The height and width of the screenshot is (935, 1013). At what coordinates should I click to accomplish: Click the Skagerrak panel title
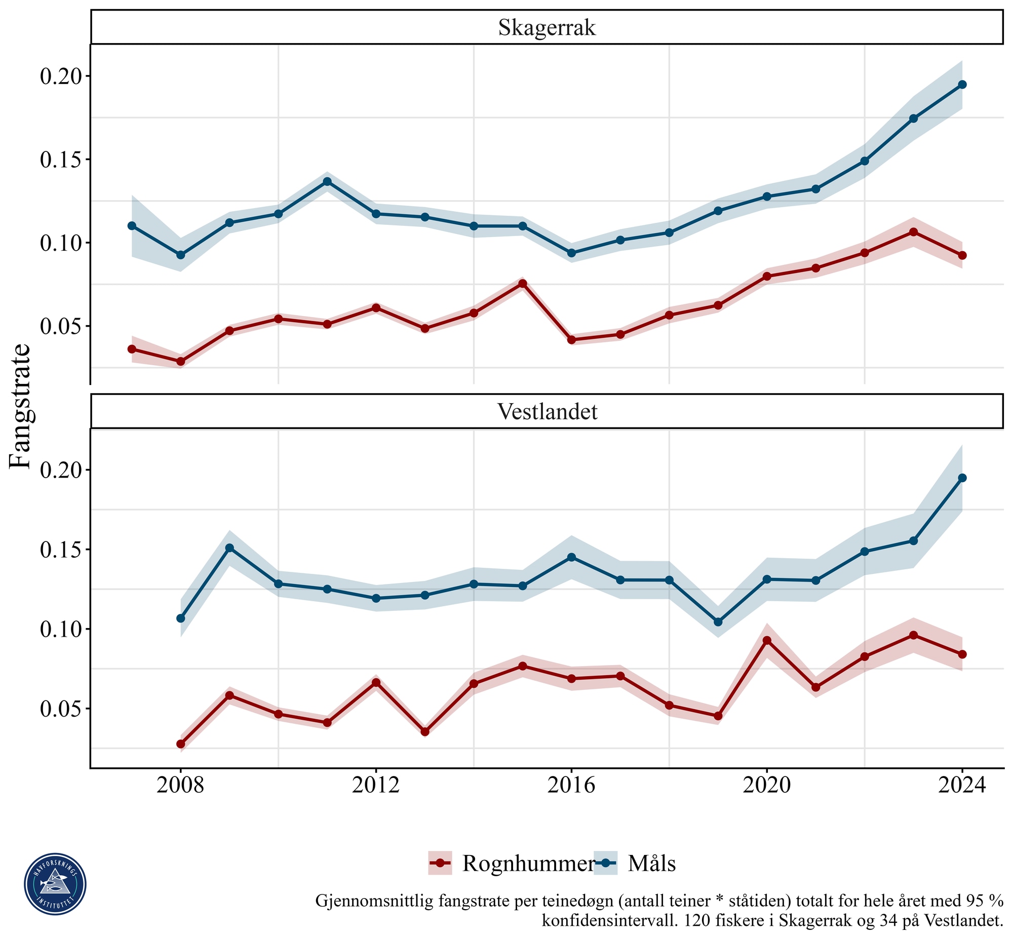(547, 28)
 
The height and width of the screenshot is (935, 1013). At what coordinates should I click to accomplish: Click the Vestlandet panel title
(547, 412)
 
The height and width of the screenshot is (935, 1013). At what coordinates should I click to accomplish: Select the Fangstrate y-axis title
(20, 407)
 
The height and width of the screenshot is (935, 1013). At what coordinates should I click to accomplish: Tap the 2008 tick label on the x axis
(180, 785)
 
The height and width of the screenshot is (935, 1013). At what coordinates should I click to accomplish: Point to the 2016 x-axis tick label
(571, 785)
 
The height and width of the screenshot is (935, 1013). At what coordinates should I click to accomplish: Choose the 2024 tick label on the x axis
(962, 785)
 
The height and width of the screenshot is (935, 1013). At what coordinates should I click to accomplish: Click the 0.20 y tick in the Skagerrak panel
(61, 76)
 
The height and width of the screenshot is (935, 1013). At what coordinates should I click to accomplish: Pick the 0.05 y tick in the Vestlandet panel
(61, 709)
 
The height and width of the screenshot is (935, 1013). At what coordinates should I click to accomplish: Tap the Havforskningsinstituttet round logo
(55, 884)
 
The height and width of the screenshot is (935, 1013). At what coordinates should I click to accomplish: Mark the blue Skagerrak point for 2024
(962, 85)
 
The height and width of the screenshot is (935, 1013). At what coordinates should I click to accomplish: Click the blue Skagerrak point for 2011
(327, 181)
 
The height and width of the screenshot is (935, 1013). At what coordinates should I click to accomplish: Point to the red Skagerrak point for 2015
(523, 284)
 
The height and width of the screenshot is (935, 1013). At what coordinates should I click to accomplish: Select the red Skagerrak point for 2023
(914, 232)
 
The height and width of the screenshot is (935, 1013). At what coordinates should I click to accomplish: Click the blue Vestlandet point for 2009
(229, 548)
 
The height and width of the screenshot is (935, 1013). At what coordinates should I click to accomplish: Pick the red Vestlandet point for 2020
(767, 640)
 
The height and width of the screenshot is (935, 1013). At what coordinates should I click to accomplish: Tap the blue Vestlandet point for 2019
(718, 621)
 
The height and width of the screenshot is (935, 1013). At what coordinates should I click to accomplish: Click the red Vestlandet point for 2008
(180, 744)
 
